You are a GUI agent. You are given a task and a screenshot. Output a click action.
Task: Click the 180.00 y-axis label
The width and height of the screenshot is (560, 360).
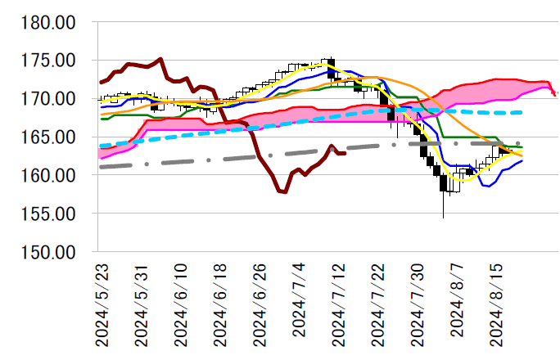pos(50,23)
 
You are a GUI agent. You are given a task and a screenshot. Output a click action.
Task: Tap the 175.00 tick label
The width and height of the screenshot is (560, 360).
pos(50,61)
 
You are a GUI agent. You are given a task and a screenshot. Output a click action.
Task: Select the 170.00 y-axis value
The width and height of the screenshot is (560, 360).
pos(50,99)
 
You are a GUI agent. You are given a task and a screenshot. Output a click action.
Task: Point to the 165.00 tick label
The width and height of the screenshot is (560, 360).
pos(50,137)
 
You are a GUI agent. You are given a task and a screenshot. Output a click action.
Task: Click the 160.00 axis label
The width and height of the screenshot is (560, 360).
pos(50,176)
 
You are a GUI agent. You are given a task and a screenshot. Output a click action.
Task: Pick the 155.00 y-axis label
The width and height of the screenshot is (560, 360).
pos(50,214)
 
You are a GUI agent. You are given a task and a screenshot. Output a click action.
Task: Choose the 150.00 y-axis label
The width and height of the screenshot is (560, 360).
pos(50,252)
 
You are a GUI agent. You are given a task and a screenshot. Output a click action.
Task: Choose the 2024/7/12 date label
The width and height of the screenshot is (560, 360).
pos(336,305)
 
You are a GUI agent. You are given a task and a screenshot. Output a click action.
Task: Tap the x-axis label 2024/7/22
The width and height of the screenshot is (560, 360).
pos(376,305)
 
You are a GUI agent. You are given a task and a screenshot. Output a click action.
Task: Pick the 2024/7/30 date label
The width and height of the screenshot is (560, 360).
pos(416,305)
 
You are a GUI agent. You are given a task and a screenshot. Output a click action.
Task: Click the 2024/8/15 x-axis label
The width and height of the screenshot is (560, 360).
pos(495,305)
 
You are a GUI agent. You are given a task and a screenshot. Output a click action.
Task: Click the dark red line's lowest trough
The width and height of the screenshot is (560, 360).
pos(283,192)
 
